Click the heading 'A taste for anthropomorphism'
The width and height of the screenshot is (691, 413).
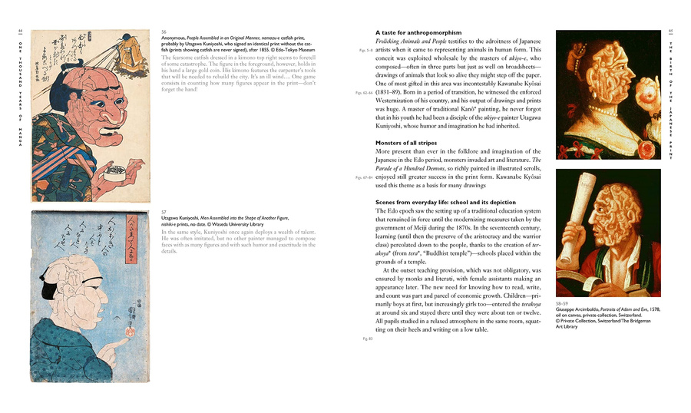[x=418, y=33]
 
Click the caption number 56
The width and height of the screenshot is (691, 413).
[x=164, y=31]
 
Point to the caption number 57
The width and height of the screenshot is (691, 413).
[x=164, y=211]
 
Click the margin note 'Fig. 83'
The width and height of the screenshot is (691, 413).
[x=367, y=338]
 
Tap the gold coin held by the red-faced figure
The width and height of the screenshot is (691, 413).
[x=116, y=170]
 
